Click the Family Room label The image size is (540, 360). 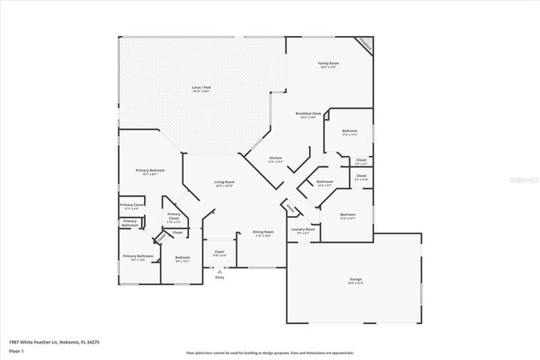(328, 64)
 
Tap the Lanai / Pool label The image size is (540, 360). (200, 88)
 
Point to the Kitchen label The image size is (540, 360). (276, 157)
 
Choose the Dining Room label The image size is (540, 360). (262, 232)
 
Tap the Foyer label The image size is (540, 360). (220, 252)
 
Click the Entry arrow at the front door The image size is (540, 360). (220, 273)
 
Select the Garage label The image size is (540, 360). (355, 280)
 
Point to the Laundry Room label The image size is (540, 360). (304, 229)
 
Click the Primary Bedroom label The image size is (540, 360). (150, 171)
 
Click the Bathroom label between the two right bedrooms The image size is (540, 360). (325, 181)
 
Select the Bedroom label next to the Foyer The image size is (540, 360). (182, 258)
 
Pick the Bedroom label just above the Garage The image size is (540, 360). (347, 215)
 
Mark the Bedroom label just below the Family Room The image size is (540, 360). (349, 131)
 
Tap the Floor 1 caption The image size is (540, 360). (16, 350)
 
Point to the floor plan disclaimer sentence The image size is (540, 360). (270, 352)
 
